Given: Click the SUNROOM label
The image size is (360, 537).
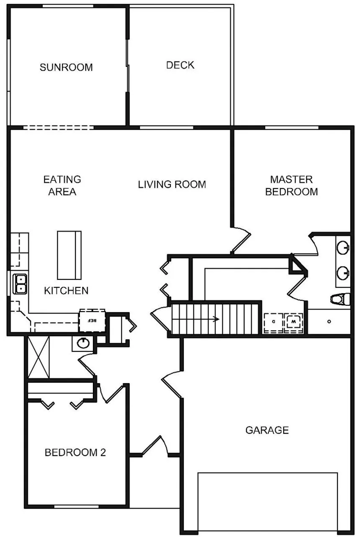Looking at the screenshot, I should pos(66,67).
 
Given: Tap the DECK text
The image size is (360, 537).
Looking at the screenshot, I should pos(180,65).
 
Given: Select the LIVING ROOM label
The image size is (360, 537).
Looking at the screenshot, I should pos(172,184).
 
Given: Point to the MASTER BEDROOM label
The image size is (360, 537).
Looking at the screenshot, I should pos(291,186).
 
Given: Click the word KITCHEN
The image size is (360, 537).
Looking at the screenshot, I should pos(66,290).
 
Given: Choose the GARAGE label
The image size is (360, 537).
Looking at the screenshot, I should pos(267,430).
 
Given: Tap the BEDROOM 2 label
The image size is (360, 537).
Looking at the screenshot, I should pos(75,452).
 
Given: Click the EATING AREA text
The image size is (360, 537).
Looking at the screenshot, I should pos(62,186).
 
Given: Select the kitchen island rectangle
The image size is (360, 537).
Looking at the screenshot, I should pos(69,255).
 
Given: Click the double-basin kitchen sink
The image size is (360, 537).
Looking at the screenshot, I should pos(20,284).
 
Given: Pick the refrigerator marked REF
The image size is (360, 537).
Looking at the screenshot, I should pos(92,321).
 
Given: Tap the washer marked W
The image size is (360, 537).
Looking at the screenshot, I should pos(294,322).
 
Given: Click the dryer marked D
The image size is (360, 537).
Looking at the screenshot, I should pos(273,322).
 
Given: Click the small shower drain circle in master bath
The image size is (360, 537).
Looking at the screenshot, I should pos(329,321).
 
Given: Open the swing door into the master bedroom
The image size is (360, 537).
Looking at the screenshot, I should pos(240,240).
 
